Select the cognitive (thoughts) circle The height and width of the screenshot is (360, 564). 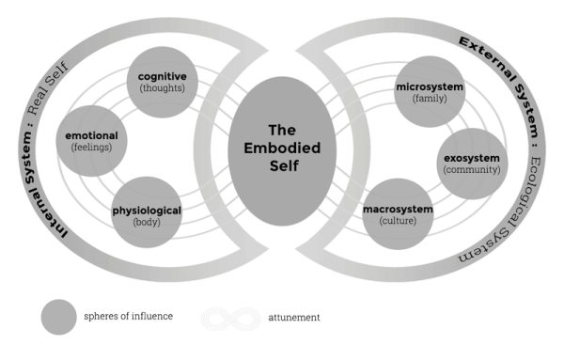pos(163,82)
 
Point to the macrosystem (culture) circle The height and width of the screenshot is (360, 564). pos(398,213)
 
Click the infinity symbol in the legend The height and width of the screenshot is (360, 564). pos(231,318)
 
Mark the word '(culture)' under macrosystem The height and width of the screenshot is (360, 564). pos(398,221)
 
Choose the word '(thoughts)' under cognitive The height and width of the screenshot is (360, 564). pos(163,88)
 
